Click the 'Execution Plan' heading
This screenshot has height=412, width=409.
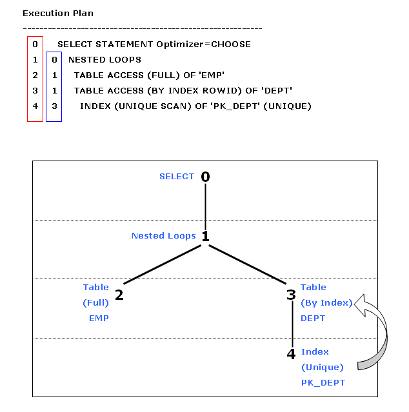pos(58,13)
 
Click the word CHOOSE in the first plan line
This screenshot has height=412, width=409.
pos(231,44)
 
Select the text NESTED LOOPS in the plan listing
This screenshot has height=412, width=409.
pos(105,60)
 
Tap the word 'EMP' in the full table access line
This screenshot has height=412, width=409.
pos(212,75)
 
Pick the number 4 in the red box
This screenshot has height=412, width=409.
pos(35,106)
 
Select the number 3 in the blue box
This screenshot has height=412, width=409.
pos(54,106)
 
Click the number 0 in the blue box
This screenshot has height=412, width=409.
pos(54,60)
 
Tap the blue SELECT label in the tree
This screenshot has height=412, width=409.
pos(177,176)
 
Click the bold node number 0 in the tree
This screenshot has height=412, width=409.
pos(205,177)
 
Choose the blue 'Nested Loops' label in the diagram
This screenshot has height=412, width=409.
pos(163,236)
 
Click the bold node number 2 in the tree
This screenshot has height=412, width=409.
pos(119,295)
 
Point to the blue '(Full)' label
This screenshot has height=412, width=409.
pos(95,302)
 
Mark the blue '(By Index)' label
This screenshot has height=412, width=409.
pos(326,302)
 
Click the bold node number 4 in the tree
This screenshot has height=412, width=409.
pos(291,354)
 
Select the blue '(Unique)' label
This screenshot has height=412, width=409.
pos(323,367)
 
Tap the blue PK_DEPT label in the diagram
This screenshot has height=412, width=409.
pos(323,382)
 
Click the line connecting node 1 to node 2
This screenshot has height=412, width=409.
pos(162,264)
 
